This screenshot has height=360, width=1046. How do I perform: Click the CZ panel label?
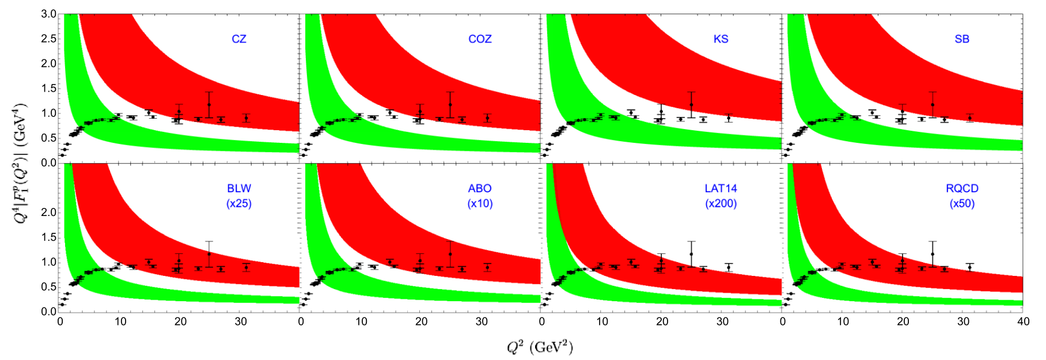click(239, 39)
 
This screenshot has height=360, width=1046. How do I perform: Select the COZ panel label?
click(480, 39)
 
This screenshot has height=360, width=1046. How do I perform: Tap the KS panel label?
click(721, 39)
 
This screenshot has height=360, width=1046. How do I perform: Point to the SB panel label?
click(962, 39)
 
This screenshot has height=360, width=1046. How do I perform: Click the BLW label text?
click(239, 188)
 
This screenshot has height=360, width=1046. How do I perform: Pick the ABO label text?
click(480, 188)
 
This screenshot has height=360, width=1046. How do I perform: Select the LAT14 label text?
click(721, 188)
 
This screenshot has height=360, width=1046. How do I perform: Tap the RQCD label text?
click(962, 188)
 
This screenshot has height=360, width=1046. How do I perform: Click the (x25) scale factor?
click(239, 203)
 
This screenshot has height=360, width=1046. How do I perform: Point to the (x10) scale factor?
click(480, 203)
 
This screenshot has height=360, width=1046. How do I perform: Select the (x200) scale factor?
click(721, 203)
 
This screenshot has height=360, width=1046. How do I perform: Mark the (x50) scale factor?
click(962, 203)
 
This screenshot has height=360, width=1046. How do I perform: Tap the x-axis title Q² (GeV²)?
click(540, 347)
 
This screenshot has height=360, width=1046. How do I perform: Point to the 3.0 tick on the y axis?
click(48, 14)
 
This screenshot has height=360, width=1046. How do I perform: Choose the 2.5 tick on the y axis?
click(48, 39)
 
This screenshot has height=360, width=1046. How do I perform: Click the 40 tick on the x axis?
click(1024, 321)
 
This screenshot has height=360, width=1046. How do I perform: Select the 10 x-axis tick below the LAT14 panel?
click(602, 321)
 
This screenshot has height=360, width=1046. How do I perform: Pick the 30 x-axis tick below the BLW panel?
click(241, 321)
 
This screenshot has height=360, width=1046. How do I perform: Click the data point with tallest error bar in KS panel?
click(691, 105)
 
